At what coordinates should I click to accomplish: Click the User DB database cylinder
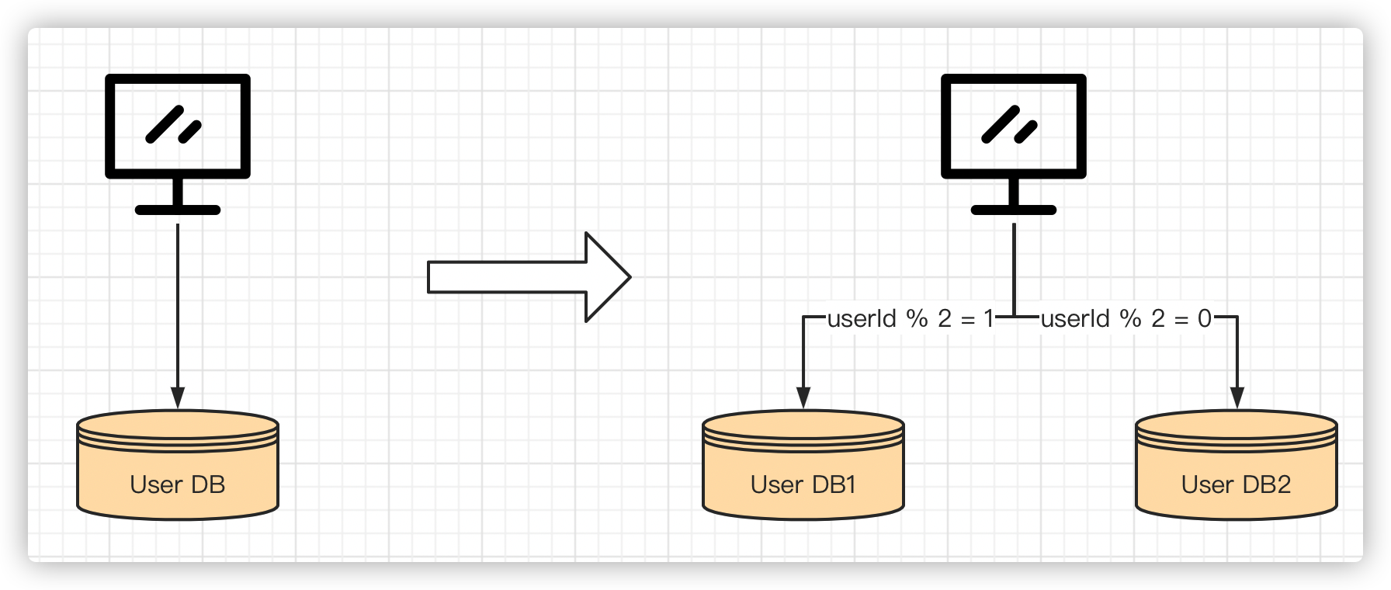(178, 465)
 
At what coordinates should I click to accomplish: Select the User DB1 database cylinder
(803, 465)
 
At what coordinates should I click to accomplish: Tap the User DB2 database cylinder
(1237, 465)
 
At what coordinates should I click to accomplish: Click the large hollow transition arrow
(529, 277)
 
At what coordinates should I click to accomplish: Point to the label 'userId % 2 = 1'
(910, 318)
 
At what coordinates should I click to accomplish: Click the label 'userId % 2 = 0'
(1126, 318)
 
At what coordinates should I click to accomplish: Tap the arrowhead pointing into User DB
(178, 398)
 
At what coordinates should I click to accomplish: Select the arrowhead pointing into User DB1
(803, 398)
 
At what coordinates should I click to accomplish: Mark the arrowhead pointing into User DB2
(1237, 398)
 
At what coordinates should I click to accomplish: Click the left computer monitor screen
(178, 127)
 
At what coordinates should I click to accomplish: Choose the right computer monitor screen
(1014, 127)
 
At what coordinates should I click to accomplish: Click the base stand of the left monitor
(178, 210)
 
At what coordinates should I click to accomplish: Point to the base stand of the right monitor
(1014, 210)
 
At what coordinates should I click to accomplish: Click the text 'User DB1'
(803, 484)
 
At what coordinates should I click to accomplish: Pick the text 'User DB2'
(1237, 484)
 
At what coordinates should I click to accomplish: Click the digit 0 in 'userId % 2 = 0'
(1205, 318)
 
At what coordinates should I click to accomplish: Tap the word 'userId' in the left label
(862, 318)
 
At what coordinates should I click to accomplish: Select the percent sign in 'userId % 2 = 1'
(918, 318)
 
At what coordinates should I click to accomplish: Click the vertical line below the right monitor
(1014, 270)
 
